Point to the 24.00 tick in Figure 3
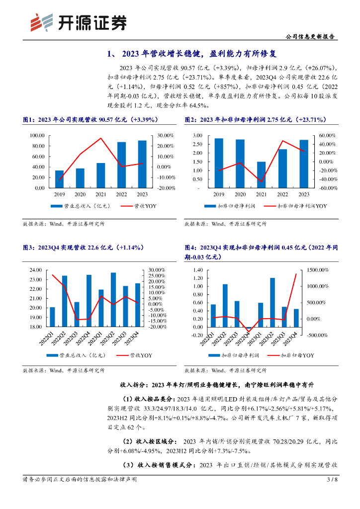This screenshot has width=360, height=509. coord(36,270)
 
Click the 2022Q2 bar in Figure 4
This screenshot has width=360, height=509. coord(225,306)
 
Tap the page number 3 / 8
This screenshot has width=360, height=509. coord(332,480)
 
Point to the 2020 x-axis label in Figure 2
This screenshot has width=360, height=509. coord(240,195)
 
